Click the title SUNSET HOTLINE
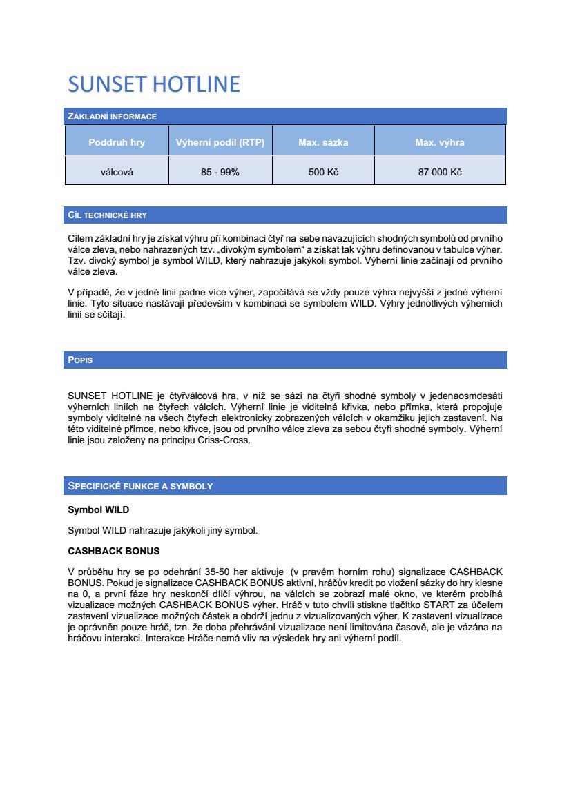pyautogui.click(x=154, y=84)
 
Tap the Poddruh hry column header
pyautogui.click(x=117, y=143)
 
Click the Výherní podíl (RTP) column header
pyautogui.click(x=220, y=143)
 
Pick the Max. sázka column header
pyautogui.click(x=323, y=143)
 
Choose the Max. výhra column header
pyautogui.click(x=440, y=143)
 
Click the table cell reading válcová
pyautogui.click(x=117, y=172)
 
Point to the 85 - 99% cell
pyautogui.click(x=220, y=172)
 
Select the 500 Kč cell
pyautogui.click(x=323, y=172)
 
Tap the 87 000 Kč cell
pyautogui.click(x=440, y=172)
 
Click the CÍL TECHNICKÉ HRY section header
pyautogui.click(x=107, y=215)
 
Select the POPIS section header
pyautogui.click(x=81, y=360)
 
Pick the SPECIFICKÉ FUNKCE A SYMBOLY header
pyautogui.click(x=140, y=486)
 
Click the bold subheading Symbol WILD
pyautogui.click(x=98, y=510)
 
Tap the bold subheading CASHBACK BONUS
pyautogui.click(x=113, y=552)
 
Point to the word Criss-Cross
pyautogui.click(x=225, y=440)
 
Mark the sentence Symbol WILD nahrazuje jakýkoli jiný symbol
pyautogui.click(x=162, y=531)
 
